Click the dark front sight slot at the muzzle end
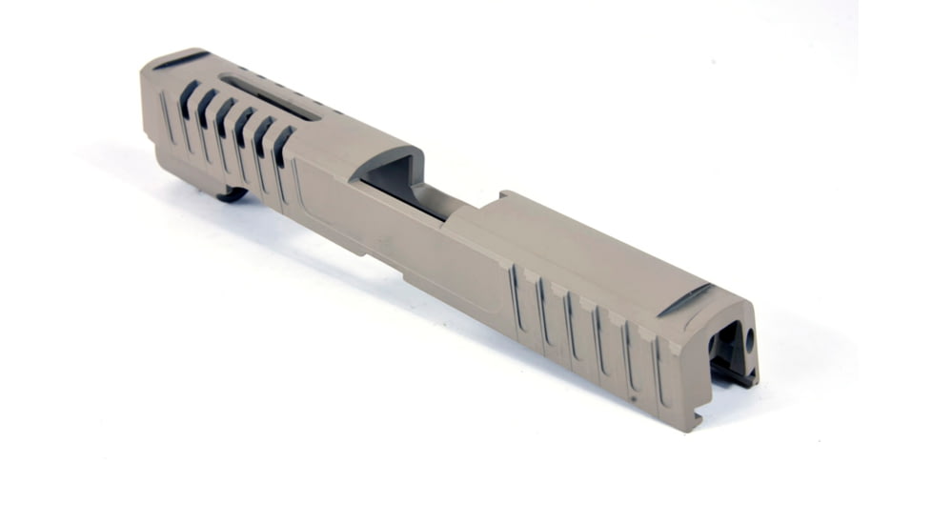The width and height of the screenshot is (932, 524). pyautogui.click(x=181, y=60)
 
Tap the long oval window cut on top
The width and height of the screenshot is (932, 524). pyautogui.click(x=271, y=97)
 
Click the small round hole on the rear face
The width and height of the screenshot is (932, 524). pyautogui.click(x=749, y=337)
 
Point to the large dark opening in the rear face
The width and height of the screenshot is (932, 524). pyautogui.click(x=725, y=348)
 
